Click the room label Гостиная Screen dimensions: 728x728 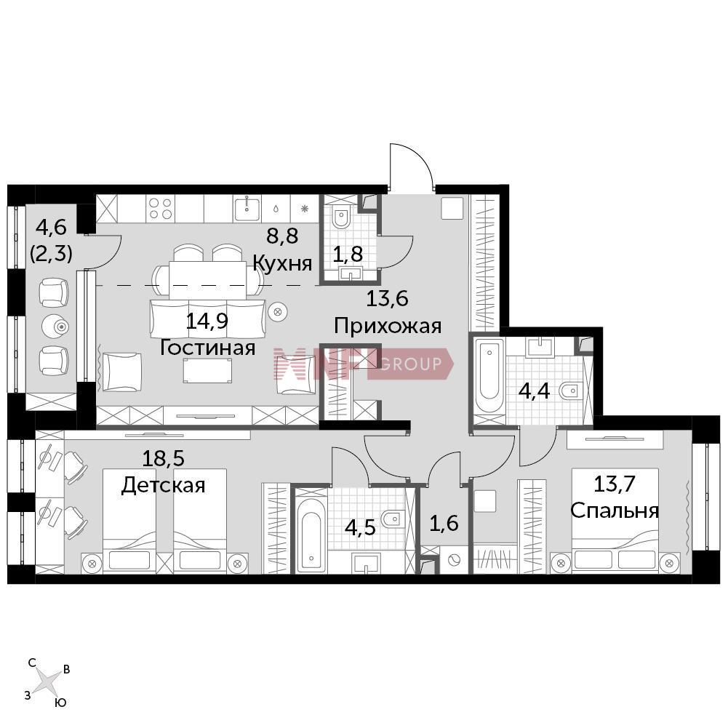coord(207,348)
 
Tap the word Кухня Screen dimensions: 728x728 coord(282,264)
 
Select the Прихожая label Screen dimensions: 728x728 coord(388,326)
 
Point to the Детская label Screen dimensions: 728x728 coord(163,486)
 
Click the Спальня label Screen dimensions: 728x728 coord(615,511)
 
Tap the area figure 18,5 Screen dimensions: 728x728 coord(163,458)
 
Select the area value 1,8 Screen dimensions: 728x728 coord(348,254)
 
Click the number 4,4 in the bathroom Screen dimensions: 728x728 coord(534,391)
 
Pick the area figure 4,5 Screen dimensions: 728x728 coord(360,527)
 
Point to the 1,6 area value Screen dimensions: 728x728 coord(444,523)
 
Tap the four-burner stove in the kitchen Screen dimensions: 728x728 coord(161,209)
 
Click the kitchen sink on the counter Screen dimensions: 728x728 coord(247,209)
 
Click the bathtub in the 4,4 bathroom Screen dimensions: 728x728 coord(489,375)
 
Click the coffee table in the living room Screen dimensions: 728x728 coord(207,370)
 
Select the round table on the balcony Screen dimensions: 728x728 coord(55,327)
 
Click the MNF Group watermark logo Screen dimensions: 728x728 coord(363,364)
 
